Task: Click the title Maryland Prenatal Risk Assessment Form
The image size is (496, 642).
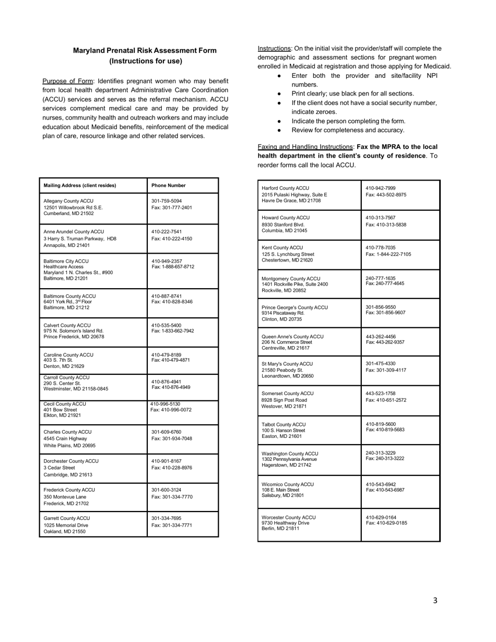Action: point(145,51)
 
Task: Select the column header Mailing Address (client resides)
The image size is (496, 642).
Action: point(80,185)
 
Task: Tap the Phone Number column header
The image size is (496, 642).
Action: point(168,185)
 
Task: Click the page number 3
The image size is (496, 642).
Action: point(435,601)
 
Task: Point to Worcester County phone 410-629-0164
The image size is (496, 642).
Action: point(381,517)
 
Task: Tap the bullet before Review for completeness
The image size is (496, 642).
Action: point(280,130)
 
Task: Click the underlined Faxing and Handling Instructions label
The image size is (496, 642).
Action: point(305,147)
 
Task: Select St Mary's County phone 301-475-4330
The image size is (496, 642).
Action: point(381,363)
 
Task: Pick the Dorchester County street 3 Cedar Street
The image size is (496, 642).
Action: point(59,468)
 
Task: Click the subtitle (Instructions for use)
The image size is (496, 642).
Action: point(146,61)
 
